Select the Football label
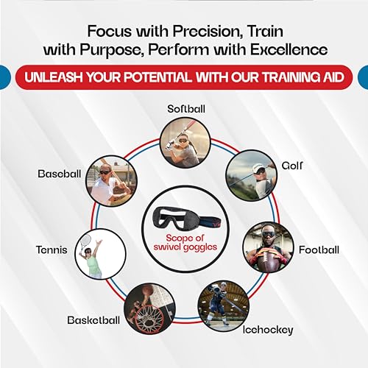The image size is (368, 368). (319, 250)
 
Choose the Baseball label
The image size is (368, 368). (57, 174)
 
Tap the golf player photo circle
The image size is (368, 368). (251, 177)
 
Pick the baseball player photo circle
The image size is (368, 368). (110, 181)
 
